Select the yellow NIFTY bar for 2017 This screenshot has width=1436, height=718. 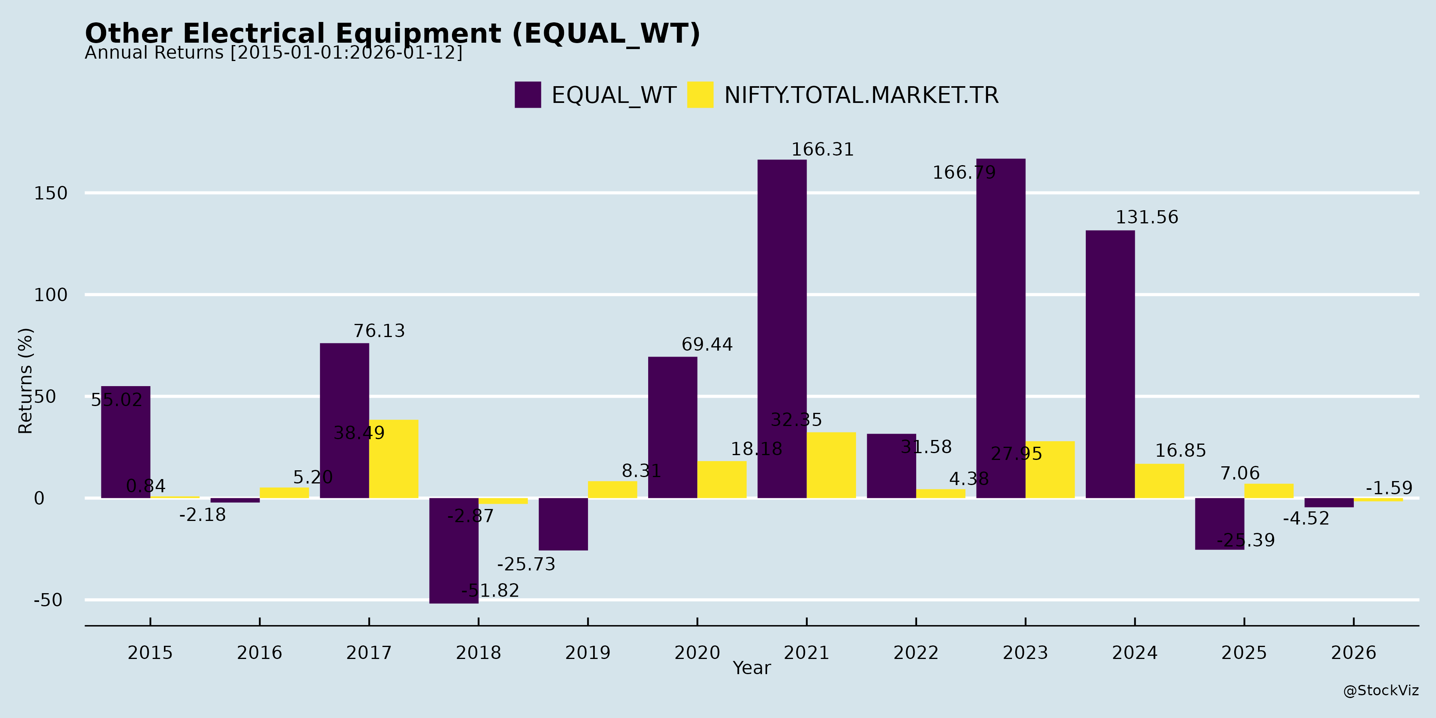[394, 459]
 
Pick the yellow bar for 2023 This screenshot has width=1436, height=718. [1050, 470]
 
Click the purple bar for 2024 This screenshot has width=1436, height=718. [1110, 364]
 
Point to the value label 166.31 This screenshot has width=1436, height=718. [822, 150]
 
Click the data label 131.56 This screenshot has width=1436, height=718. [1147, 217]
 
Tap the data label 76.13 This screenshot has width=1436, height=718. [379, 331]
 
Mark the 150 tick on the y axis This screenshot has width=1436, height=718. [51, 193]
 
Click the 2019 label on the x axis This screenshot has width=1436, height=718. [588, 653]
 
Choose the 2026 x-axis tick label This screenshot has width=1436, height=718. [1353, 653]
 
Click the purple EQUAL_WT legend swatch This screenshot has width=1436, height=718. [527, 95]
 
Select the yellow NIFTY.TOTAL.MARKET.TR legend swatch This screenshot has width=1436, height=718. [700, 95]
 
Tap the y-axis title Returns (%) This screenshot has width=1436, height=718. [26, 381]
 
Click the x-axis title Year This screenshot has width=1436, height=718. [752, 668]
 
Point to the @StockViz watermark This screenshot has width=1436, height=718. [1380, 691]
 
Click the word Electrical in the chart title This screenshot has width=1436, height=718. [258, 34]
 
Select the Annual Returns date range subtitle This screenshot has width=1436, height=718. [273, 53]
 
